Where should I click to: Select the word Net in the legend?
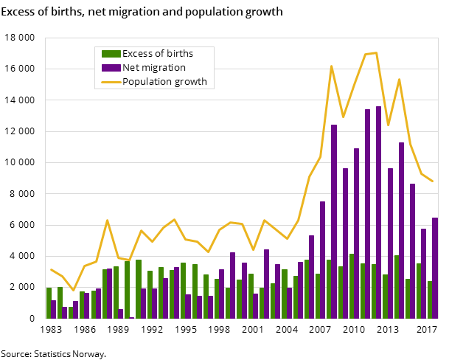pos(131,68)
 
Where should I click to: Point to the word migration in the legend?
pos(165,68)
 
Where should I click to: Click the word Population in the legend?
pos(147,82)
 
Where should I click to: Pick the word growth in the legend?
pos(191,82)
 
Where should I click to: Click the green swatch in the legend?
pos(111,54)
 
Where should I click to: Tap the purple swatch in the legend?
pos(111,68)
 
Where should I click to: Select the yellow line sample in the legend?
pos(111,82)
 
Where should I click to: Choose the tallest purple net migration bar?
pos(379,212)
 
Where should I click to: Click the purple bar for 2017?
pos(435,268)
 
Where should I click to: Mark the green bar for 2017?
pos(429,300)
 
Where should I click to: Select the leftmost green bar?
pos(49,302)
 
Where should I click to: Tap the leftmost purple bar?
pos(54,309)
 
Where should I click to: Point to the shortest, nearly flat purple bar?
pos(132,317)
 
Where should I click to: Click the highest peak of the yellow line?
pos(376,52)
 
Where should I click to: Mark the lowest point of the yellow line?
pos(73,290)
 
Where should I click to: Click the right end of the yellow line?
pos(433,181)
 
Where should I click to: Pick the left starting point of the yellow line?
pos(51,269)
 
